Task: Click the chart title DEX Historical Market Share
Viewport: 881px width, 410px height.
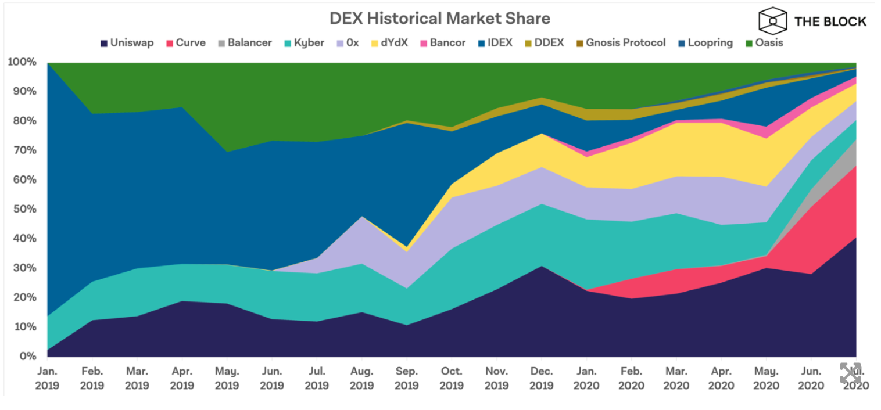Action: pyautogui.click(x=440, y=19)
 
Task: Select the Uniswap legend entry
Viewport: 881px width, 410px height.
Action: pyautogui.click(x=127, y=43)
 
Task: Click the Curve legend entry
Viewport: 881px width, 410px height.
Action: pyautogui.click(x=185, y=43)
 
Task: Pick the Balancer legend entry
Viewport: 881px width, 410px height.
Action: pyautogui.click(x=245, y=43)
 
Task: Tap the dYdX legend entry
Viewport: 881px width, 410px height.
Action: pyautogui.click(x=389, y=43)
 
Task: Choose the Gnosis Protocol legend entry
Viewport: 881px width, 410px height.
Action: pyautogui.click(x=621, y=43)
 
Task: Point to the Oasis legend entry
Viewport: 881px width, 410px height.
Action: pyautogui.click(x=764, y=43)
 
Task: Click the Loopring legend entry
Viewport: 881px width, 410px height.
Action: pyautogui.click(x=705, y=43)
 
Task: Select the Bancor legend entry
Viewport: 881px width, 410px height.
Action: pyautogui.click(x=443, y=43)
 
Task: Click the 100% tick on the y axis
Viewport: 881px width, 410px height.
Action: pyautogui.click(x=23, y=62)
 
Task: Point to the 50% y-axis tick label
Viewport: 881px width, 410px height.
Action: pyautogui.click(x=24, y=209)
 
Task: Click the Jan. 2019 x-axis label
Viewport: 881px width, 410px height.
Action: pyautogui.click(x=47, y=378)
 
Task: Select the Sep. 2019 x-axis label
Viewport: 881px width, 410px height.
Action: pyautogui.click(x=407, y=378)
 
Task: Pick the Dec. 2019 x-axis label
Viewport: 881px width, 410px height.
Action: pyautogui.click(x=542, y=378)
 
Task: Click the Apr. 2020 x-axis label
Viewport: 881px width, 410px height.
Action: pyautogui.click(x=721, y=378)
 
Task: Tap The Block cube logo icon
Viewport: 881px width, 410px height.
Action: pyautogui.click(x=772, y=21)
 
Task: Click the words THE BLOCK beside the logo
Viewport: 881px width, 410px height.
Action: pyautogui.click(x=830, y=21)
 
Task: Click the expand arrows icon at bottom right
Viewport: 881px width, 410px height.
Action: pyautogui.click(x=850, y=373)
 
